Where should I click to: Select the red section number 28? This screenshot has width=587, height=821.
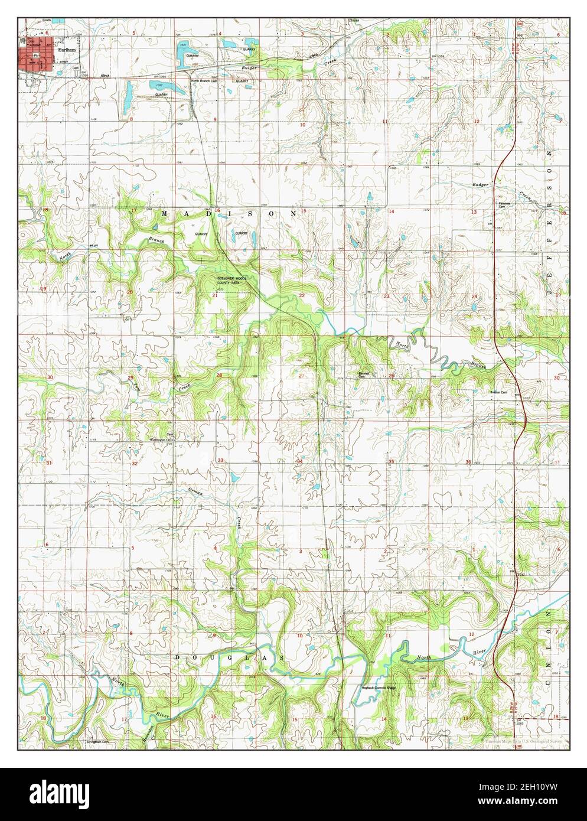pos(219,375)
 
